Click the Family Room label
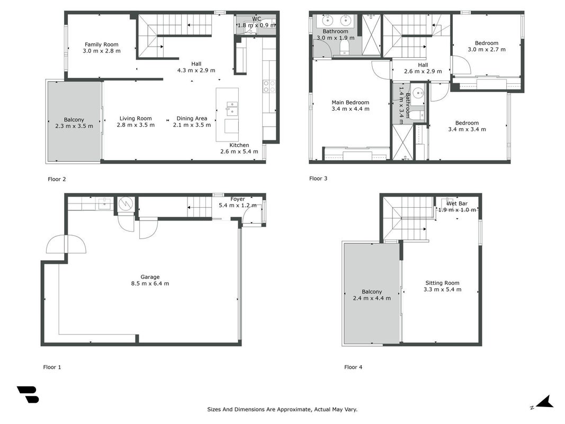102,45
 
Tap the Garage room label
150,277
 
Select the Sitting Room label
442,283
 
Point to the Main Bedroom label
350,102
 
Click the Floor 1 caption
52,367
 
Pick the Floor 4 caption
353,367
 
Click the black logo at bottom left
28,394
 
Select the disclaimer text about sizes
282,409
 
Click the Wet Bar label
457,204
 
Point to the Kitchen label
239,145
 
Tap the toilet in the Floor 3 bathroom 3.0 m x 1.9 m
345,47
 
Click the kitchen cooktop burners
269,86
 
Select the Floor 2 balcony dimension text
74,126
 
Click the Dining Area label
192,118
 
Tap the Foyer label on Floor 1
237,199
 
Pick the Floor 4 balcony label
372,291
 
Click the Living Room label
136,118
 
